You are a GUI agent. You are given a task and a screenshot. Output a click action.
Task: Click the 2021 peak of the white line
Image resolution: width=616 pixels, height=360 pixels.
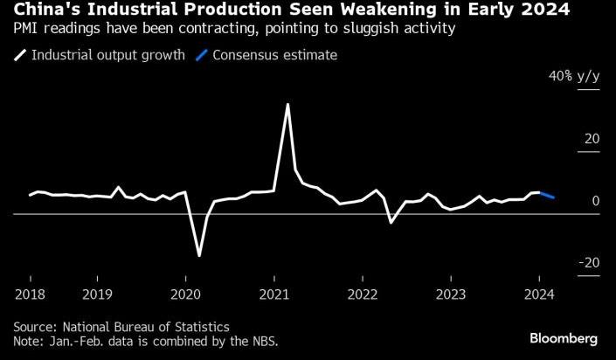click(288, 105)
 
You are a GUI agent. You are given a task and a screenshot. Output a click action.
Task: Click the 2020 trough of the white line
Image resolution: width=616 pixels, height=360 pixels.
click(199, 255)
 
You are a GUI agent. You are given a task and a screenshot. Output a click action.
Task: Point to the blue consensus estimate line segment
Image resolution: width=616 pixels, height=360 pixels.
click(547, 195)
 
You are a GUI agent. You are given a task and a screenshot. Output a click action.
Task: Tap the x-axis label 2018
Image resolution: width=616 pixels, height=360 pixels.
click(30, 294)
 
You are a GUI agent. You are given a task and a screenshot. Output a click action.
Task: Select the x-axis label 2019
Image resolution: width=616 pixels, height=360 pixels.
click(97, 294)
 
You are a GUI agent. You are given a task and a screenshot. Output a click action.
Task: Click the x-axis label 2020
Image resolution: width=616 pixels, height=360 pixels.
click(185, 294)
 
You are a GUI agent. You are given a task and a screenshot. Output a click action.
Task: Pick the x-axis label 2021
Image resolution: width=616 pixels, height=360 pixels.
click(274, 294)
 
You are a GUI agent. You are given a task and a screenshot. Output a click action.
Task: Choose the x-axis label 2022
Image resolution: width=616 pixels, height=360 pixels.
click(363, 294)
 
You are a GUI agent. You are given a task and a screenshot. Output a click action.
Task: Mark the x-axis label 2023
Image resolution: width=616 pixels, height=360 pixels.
click(451, 294)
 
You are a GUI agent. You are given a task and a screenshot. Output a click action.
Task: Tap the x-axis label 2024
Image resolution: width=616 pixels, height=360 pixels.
click(539, 294)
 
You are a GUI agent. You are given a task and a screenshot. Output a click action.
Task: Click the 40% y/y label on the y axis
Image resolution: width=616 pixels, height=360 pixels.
click(574, 76)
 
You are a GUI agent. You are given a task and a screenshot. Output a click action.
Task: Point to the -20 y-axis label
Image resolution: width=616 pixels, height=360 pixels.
click(590, 262)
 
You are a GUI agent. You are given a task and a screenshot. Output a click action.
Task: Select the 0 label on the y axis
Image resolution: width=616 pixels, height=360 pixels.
click(596, 201)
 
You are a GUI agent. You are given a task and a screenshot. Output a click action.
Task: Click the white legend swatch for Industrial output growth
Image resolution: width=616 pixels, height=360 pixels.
click(20, 55)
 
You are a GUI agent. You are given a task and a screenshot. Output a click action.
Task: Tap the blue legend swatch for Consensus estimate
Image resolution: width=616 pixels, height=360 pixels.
click(201, 55)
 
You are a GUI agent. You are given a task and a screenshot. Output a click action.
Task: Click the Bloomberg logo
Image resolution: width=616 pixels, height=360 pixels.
click(564, 339)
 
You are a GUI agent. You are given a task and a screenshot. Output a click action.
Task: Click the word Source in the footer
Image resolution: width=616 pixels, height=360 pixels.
click(37, 327)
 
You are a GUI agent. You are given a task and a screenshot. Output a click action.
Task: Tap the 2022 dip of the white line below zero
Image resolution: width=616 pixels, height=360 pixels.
click(391, 222)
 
